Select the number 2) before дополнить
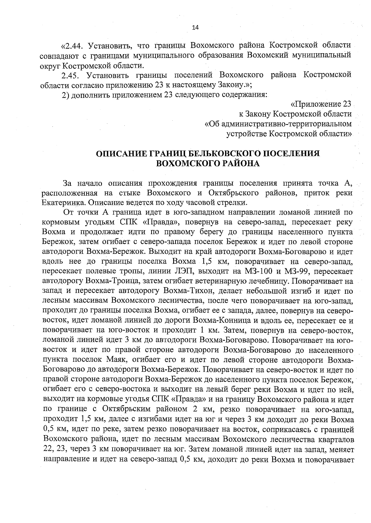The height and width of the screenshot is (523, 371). click(x=65, y=94)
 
